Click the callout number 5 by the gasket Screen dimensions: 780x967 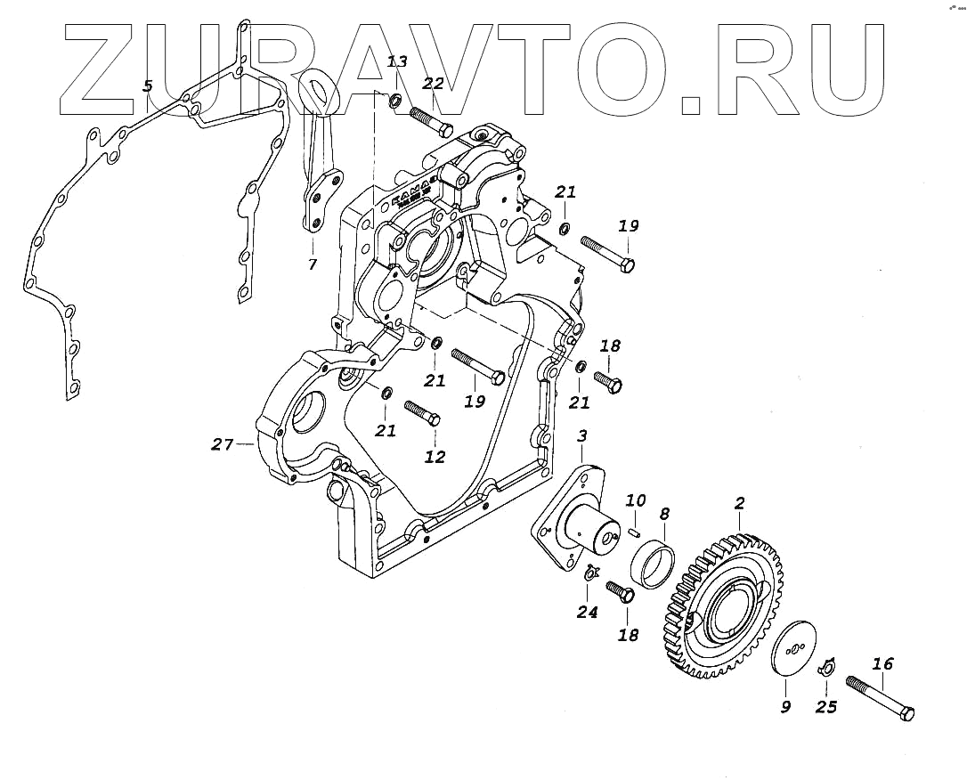[148, 86]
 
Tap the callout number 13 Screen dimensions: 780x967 [397, 61]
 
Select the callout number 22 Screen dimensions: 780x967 [433, 84]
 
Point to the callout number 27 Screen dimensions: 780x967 [222, 443]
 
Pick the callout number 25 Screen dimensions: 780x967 [826, 707]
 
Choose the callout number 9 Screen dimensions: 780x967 [785, 708]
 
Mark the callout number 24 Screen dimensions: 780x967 [587, 612]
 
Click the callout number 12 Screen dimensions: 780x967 [435, 458]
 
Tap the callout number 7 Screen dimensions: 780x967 [312, 264]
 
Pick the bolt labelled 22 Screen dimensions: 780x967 [432, 121]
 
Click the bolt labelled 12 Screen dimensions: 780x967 [422, 414]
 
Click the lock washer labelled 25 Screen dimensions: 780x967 [826, 666]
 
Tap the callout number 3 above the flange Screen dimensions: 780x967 [581, 436]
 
